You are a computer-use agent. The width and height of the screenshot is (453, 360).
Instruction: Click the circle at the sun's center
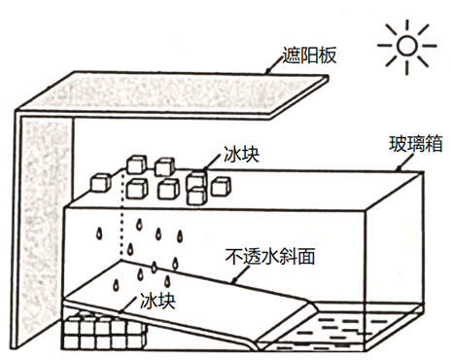[x=406, y=46]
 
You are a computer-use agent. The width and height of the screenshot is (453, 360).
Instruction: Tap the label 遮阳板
[x=309, y=55]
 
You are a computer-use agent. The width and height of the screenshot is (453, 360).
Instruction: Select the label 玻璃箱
[x=415, y=144]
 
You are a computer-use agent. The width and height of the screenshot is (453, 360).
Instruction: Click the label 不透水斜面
[x=270, y=257]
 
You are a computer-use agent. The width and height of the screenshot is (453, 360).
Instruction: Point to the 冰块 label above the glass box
[x=242, y=155]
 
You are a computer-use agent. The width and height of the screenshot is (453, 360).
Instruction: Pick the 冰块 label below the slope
[x=157, y=301]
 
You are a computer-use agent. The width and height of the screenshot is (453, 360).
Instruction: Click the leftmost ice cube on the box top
[x=100, y=182]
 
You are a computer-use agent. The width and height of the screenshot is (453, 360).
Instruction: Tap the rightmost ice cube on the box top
[x=221, y=186]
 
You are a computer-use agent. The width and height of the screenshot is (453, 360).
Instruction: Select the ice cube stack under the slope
[x=104, y=331]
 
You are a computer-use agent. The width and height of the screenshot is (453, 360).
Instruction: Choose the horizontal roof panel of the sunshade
[x=172, y=94]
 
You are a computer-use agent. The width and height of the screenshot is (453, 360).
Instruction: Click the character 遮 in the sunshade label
[x=291, y=55]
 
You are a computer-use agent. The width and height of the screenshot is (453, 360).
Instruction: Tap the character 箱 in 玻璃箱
[x=434, y=144]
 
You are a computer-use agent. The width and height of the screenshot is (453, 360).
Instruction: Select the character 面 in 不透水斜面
[x=306, y=257]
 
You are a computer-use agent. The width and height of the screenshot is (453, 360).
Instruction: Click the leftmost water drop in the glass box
[x=99, y=234]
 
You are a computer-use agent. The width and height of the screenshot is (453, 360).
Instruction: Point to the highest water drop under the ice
[x=140, y=224]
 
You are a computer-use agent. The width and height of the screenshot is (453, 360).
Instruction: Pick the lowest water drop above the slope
[x=116, y=285]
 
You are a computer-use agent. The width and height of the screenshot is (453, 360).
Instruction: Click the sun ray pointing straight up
[x=407, y=26]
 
